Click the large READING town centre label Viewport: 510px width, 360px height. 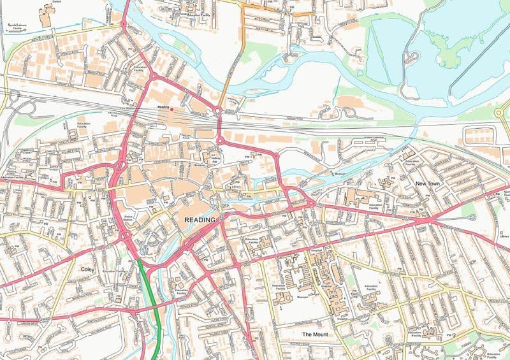[200, 220]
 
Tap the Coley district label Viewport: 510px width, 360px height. [87, 270]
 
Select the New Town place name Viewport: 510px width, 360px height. [428, 184]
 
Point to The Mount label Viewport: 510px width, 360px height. [315, 335]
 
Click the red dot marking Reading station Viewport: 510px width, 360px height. [171, 108]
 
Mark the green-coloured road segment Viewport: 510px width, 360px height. [150, 299]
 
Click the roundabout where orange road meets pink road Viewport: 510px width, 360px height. [218, 112]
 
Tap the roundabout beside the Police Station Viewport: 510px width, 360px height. [126, 236]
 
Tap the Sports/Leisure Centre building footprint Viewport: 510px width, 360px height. [46, 16]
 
